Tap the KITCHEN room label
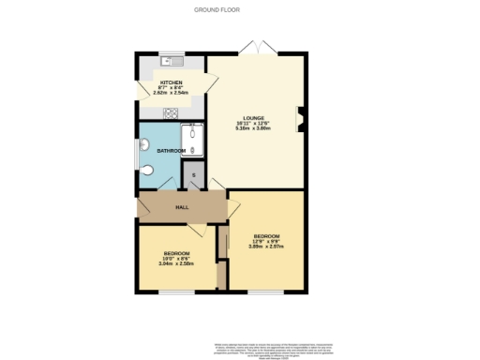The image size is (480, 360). coord(171,82)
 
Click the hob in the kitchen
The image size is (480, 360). coord(172,113)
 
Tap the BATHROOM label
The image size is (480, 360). coord(171,150)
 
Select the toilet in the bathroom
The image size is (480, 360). coord(152,172)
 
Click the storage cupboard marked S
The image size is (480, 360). coord(194,176)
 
